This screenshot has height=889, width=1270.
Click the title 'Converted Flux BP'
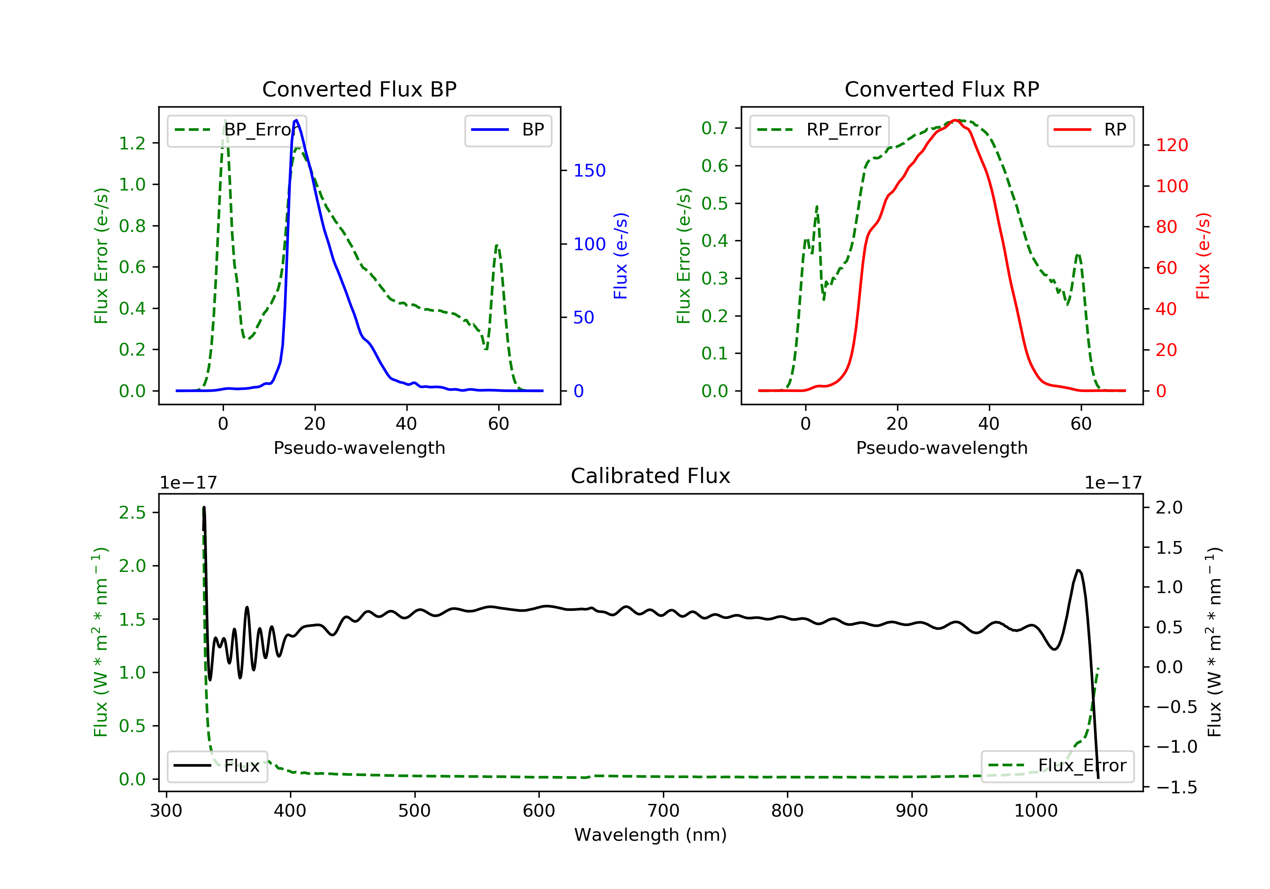click(359, 89)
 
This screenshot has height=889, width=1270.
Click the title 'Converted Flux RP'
click(941, 89)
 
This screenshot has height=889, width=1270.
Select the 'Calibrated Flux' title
click(651, 476)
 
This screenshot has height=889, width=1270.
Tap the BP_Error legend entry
click(237, 130)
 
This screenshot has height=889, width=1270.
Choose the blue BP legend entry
click(508, 130)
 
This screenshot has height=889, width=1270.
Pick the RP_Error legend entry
click(819, 130)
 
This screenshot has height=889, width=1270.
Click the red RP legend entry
click(1090, 130)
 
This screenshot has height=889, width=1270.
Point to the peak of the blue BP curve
click(296, 120)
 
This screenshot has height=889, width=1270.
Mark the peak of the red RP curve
click(955, 120)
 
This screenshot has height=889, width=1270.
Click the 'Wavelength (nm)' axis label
click(651, 835)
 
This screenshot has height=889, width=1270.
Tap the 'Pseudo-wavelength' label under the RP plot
click(941, 447)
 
